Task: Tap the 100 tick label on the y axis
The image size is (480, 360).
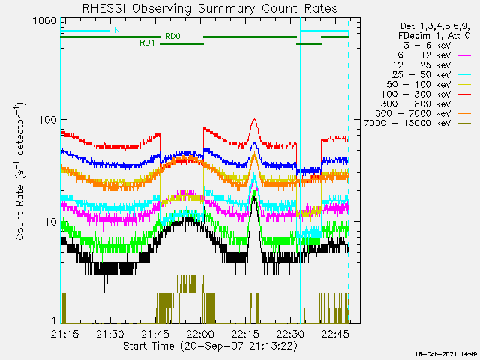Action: (x=46, y=119)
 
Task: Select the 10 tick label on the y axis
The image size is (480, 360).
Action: (x=49, y=222)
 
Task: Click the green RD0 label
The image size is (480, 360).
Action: (x=172, y=36)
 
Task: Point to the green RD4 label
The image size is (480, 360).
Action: (x=147, y=43)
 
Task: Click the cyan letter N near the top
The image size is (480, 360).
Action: (x=116, y=31)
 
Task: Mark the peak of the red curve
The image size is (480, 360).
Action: (x=254, y=119)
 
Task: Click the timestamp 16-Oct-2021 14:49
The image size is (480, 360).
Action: (x=448, y=352)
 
